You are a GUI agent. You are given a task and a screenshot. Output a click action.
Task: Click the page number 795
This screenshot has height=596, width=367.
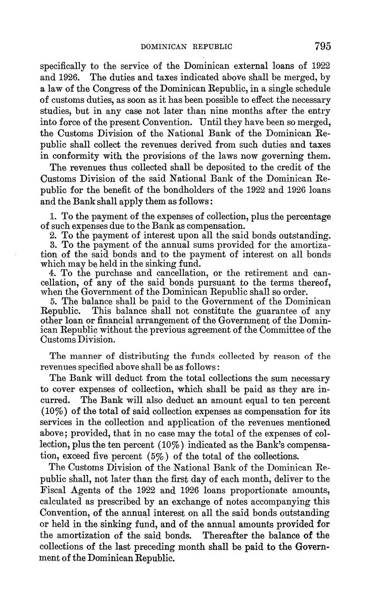pyautogui.click(x=323, y=46)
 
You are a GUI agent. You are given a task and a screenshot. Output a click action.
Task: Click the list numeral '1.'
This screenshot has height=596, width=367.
pyautogui.click(x=53, y=217)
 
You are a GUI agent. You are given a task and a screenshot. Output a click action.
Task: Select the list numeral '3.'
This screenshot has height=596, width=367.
pyautogui.click(x=53, y=245)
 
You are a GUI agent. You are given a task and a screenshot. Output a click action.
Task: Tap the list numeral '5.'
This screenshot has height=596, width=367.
pyautogui.click(x=53, y=302)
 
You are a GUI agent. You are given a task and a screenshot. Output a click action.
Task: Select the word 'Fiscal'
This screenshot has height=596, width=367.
pyautogui.click(x=54, y=491)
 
